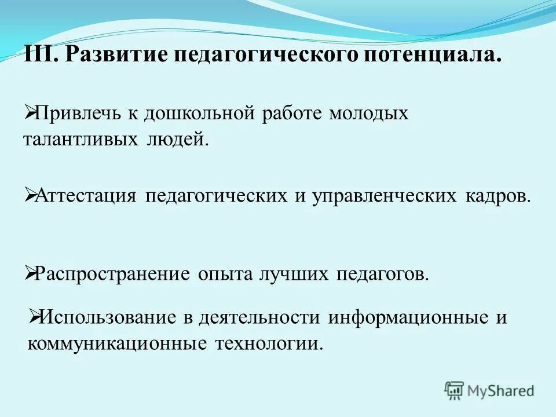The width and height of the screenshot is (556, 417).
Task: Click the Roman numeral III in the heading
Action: [39, 56]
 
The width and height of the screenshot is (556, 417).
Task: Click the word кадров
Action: [497, 196]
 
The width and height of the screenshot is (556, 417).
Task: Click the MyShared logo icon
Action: [455, 390]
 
